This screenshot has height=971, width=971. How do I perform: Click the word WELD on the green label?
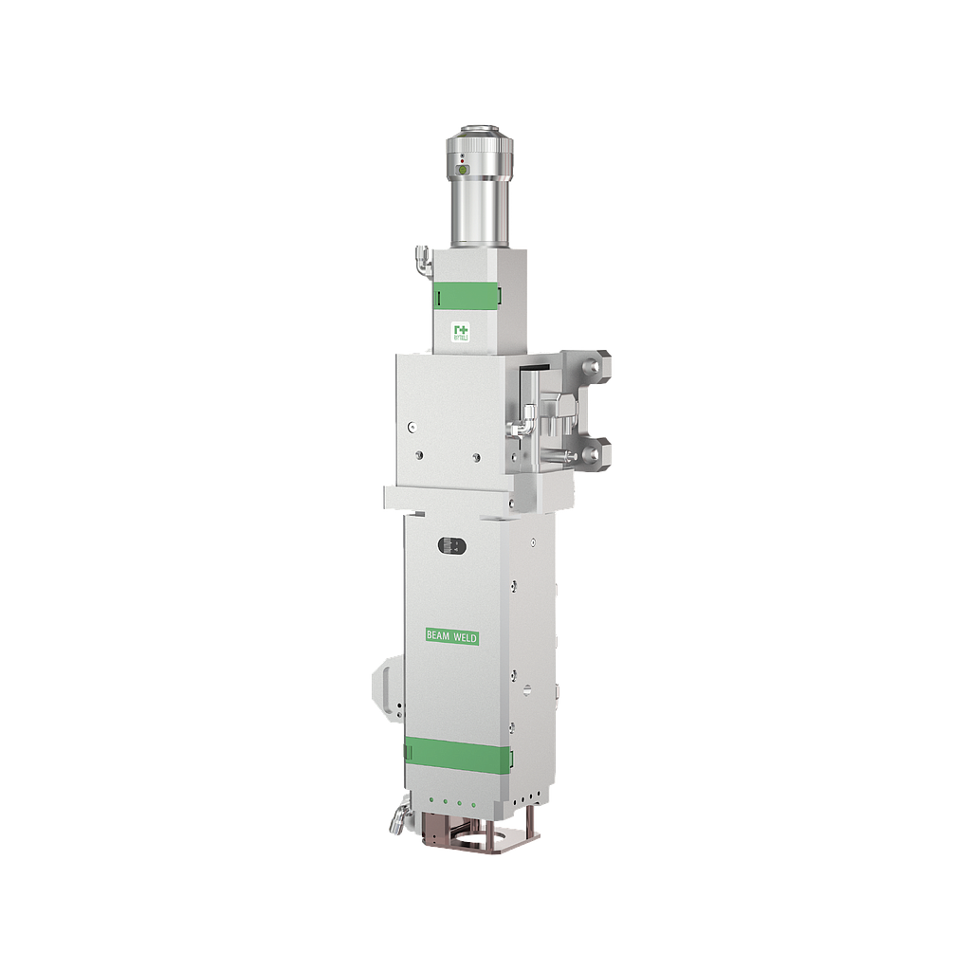[464, 638]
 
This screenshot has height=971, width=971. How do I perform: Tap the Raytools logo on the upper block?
[461, 331]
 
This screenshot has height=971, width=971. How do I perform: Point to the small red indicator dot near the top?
[461, 162]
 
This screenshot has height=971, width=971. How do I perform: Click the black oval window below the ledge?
[451, 545]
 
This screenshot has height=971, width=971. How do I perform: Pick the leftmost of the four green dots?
[431, 804]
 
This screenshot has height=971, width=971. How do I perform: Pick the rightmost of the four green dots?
[474, 804]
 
